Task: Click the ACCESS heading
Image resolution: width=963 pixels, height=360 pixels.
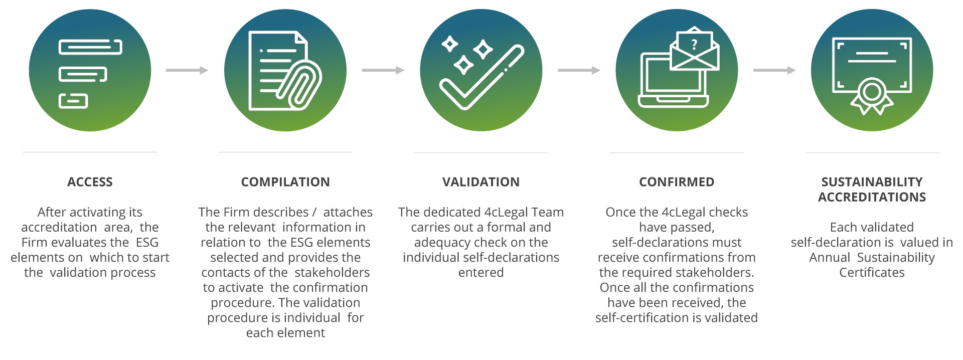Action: pyautogui.click(x=90, y=182)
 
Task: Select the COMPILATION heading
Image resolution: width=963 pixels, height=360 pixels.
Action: pyautogui.click(x=285, y=182)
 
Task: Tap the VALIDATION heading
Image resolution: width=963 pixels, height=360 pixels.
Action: pyautogui.click(x=481, y=182)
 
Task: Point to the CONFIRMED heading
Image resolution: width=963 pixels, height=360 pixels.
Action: pyautogui.click(x=677, y=182)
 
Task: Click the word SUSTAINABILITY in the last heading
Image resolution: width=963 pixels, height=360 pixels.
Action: pyautogui.click(x=872, y=182)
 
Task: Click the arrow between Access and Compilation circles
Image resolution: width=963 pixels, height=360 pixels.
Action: pyautogui.click(x=187, y=70)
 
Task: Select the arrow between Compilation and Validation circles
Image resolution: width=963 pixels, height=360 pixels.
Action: pyautogui.click(x=383, y=70)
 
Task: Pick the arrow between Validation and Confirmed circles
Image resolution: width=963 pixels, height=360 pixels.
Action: pyautogui.click(x=579, y=70)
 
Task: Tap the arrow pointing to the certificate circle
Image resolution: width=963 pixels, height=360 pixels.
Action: pyautogui.click(x=774, y=70)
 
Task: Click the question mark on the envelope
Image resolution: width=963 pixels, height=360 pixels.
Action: pyautogui.click(x=694, y=45)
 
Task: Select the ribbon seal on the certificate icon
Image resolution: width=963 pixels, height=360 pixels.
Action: pyautogui.click(x=872, y=95)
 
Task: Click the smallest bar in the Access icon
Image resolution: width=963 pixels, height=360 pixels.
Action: pyautogui.click(x=73, y=101)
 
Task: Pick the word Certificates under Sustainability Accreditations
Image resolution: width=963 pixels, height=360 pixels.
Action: pyautogui.click(x=872, y=273)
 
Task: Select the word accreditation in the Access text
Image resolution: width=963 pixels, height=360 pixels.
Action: pyautogui.click(x=59, y=228)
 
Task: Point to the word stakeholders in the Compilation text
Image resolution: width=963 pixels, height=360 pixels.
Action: pyautogui.click(x=332, y=273)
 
